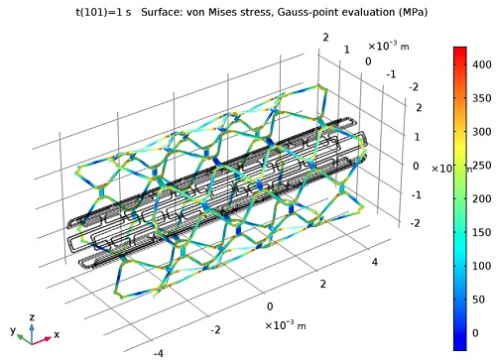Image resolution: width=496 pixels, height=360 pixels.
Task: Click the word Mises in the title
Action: [x=220, y=12]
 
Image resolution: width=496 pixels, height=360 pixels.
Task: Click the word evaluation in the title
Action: [x=363, y=12]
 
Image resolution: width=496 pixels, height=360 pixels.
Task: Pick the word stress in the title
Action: [x=252, y=13]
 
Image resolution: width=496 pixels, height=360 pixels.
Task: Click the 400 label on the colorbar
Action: [x=482, y=64]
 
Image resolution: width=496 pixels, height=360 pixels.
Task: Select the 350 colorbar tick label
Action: [x=482, y=98]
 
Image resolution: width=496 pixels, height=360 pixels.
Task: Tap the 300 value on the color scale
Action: [x=482, y=132]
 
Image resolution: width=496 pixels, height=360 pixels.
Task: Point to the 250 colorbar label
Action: [x=482, y=165]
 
